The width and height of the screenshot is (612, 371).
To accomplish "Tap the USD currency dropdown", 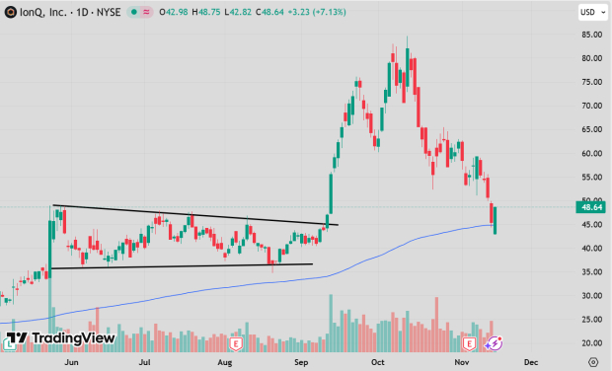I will (x=589, y=13).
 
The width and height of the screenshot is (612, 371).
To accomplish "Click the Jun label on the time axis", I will (x=71, y=362).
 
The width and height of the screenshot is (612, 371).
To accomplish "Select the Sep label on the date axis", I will (x=301, y=362).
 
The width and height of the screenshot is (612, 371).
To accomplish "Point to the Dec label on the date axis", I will (x=530, y=362).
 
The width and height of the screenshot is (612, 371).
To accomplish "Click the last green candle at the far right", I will (x=496, y=220).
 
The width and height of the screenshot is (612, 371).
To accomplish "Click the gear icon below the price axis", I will (x=589, y=362).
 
